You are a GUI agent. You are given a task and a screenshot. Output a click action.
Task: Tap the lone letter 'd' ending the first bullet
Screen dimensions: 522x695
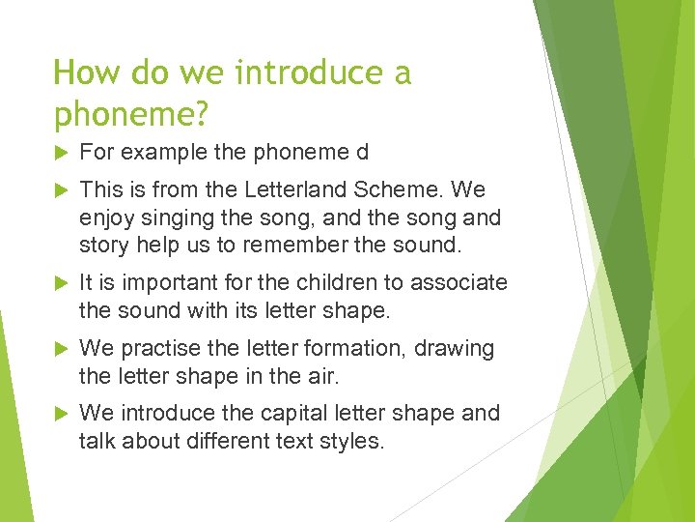click(362, 153)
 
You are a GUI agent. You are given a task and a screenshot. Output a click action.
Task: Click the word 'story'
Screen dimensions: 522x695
click(103, 245)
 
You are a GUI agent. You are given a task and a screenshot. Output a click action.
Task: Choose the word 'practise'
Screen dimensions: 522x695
click(158, 348)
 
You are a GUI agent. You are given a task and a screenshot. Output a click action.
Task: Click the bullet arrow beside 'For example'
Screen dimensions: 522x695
click(62, 153)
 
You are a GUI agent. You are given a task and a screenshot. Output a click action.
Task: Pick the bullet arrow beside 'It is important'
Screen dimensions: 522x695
click(62, 283)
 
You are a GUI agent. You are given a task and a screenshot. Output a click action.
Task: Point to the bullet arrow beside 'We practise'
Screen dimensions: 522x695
click(62, 348)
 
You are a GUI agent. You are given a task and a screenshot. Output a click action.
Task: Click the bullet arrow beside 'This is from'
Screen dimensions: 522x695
click(62, 190)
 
